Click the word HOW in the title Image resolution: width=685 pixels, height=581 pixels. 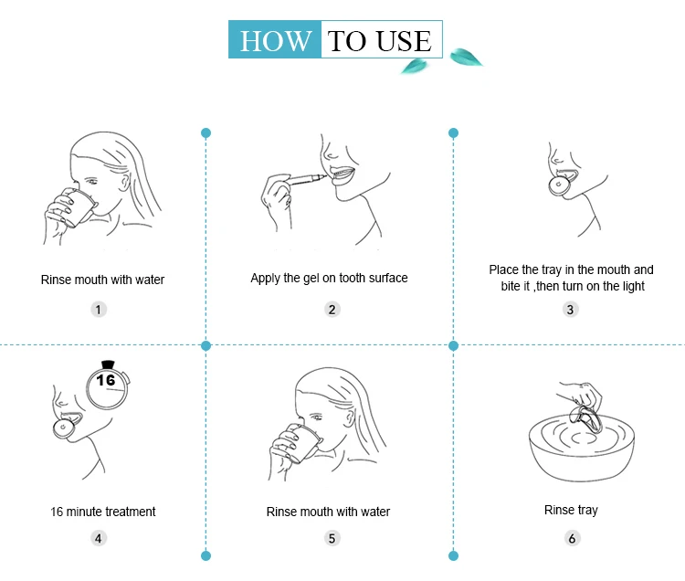point(276,41)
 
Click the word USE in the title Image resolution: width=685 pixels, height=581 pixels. point(404,41)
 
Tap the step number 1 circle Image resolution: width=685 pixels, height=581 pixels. point(99,310)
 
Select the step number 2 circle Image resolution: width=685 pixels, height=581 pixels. point(332,310)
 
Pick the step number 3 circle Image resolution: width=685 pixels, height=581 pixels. point(570,310)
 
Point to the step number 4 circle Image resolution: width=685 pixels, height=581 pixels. point(99,538)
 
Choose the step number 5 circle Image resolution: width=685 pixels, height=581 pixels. point(332,538)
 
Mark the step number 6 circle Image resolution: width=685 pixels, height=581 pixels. point(572,538)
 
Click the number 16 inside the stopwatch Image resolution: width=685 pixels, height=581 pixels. point(106,380)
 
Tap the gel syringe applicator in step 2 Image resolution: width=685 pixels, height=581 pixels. point(307,179)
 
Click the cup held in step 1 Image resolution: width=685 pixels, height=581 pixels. point(80,207)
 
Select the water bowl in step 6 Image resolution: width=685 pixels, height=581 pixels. point(582,448)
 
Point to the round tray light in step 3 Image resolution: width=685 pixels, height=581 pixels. point(559,185)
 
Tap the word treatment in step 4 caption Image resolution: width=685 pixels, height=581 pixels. point(131,512)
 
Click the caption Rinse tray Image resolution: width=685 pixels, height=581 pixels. point(571,511)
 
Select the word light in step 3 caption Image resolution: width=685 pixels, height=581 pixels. point(634,287)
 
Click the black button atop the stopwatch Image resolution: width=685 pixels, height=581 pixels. point(108,364)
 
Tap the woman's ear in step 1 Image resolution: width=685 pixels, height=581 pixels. point(125,181)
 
